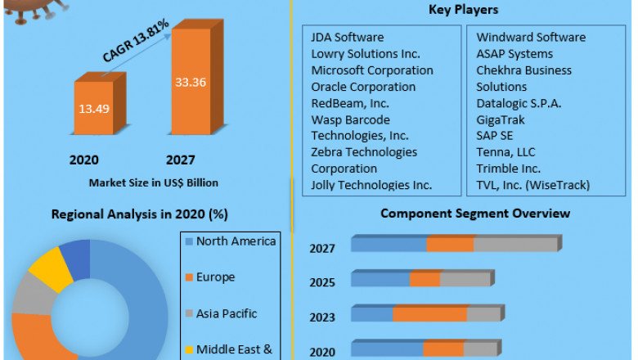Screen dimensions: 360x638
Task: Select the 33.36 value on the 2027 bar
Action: coord(190,82)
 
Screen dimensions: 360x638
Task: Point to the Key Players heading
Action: coord(463,10)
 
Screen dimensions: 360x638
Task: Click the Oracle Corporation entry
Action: coord(363,87)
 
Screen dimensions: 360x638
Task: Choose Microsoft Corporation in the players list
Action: coord(372,70)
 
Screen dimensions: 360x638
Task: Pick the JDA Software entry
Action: coord(347,38)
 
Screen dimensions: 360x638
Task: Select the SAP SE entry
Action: coord(494,136)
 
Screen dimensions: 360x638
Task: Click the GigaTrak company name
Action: coord(501,119)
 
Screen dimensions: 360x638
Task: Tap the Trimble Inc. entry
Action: coord(508,169)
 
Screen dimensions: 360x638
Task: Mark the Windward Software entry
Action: coord(531,38)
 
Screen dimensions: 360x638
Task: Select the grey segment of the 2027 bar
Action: coord(515,245)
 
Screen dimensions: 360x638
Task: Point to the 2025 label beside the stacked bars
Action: coord(322,283)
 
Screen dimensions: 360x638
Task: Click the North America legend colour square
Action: coord(189,241)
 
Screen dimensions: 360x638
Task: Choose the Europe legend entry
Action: coord(215,277)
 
